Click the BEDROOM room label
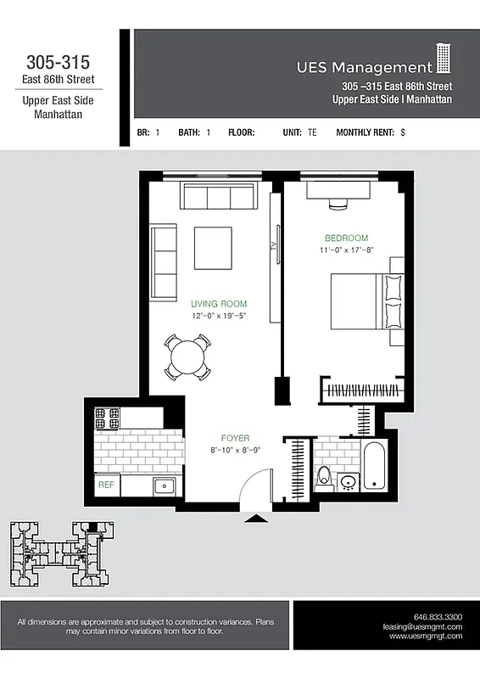tap(346, 238)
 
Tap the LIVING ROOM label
tap(218, 304)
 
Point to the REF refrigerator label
tap(106, 485)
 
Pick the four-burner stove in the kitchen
tap(107, 418)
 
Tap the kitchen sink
tap(164, 486)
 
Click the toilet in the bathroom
tap(323, 478)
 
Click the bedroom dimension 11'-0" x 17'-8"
tap(346, 250)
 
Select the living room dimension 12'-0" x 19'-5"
tap(218, 316)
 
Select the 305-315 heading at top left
tap(58, 62)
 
